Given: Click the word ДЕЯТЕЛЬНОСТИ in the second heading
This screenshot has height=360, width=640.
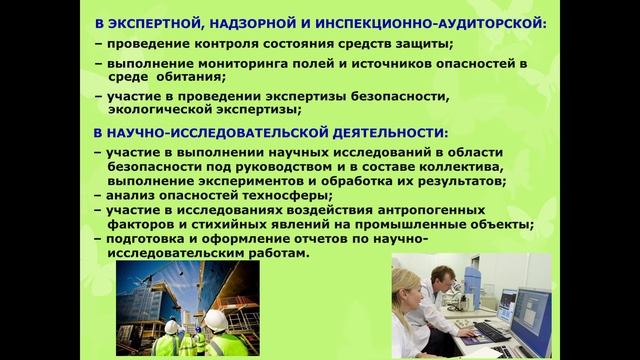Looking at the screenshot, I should pyautogui.click(x=375, y=132).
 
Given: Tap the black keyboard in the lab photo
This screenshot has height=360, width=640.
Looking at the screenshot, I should pyautogui.click(x=492, y=331).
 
